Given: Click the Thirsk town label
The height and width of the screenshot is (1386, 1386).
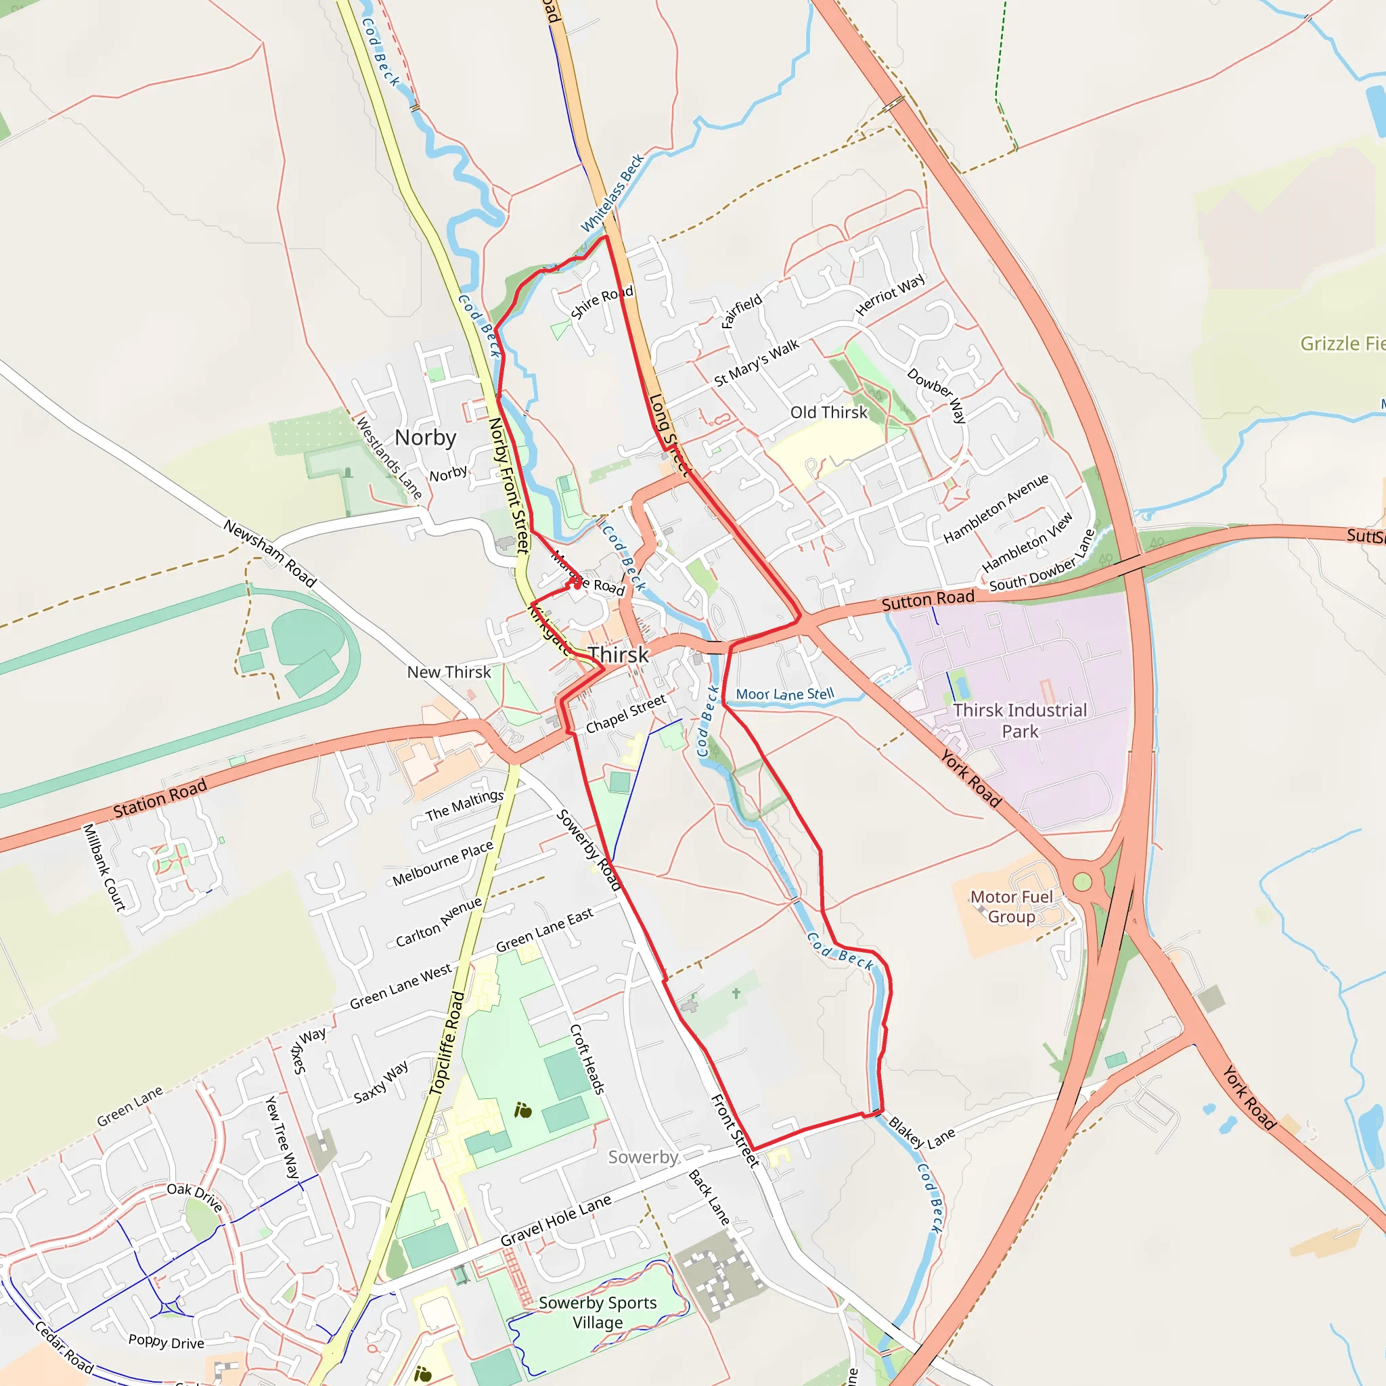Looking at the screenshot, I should tap(619, 655).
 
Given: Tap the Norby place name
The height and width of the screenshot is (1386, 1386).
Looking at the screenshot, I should tap(426, 437).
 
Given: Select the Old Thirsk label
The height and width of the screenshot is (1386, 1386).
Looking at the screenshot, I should tap(828, 413).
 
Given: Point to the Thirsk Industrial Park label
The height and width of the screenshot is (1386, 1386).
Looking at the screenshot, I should tap(1019, 720).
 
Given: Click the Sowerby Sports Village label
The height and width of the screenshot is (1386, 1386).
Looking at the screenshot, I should tap(598, 1312).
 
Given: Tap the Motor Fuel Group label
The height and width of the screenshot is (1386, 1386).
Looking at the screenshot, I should tap(1012, 907).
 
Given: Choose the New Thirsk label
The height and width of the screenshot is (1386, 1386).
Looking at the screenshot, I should tap(449, 672).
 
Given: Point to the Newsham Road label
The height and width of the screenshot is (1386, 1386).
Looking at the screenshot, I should tap(270, 553).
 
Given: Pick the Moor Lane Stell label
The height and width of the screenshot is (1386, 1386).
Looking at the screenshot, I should tap(785, 694).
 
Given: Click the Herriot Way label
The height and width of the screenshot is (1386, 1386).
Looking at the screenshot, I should tap(891, 295).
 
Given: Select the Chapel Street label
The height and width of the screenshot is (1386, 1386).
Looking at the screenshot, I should tap(625, 714).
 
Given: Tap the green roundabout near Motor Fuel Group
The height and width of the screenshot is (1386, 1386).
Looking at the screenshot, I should tap(1083, 882).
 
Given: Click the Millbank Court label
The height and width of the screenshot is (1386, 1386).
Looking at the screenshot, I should tap(104, 868).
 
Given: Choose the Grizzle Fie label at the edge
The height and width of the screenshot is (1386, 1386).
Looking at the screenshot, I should tap(1342, 344).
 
